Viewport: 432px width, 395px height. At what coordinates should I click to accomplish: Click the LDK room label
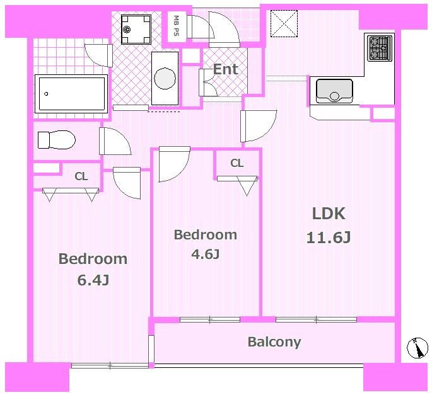[329, 214]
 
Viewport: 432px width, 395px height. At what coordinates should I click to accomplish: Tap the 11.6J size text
[329, 238]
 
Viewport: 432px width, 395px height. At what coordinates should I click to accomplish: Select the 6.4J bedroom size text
[93, 280]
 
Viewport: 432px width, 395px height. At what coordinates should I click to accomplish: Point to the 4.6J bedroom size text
[205, 255]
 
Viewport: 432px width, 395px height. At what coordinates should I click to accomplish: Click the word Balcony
[274, 342]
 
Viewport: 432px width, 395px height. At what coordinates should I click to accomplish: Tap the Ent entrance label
[225, 69]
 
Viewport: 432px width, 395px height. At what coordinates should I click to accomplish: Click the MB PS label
[176, 26]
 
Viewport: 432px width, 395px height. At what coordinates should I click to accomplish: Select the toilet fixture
[57, 140]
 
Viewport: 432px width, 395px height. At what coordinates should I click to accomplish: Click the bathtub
[71, 94]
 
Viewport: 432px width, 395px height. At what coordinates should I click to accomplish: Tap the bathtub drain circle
[46, 94]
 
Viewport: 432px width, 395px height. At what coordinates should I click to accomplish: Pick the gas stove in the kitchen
[380, 48]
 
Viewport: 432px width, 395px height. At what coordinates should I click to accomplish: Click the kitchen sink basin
[334, 91]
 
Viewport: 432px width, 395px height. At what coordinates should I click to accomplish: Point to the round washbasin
[165, 79]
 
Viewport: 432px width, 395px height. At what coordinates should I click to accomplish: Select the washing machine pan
[136, 30]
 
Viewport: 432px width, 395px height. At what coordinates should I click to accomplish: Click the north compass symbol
[417, 348]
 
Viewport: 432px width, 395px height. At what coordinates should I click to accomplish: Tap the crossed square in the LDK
[284, 24]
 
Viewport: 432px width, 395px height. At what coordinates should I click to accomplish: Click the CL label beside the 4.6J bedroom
[236, 163]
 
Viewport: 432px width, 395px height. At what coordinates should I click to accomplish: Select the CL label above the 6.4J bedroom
[81, 176]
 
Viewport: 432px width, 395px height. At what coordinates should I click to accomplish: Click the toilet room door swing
[115, 141]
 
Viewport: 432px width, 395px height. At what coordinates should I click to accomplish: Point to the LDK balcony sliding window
[317, 319]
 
